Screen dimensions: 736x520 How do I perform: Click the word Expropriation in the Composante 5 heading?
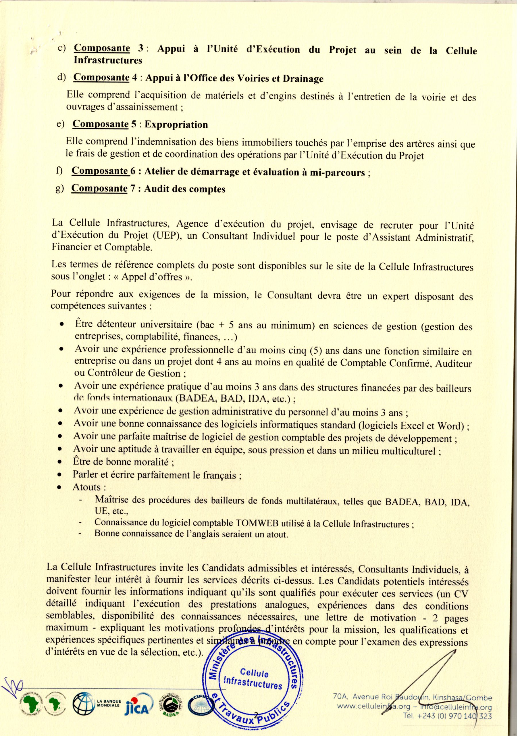tap(176, 125)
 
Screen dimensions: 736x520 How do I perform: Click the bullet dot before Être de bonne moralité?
tap(59, 463)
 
